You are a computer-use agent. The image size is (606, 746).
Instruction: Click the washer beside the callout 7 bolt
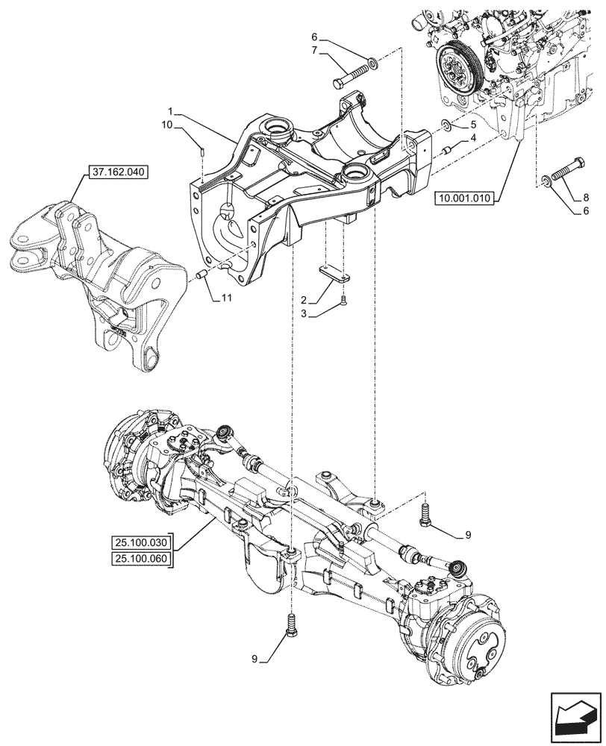coord(371,60)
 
